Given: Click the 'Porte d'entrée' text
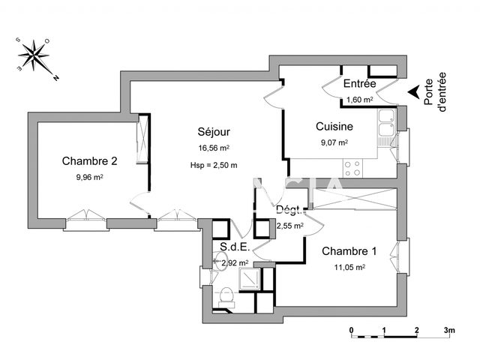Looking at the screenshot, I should point(434,92).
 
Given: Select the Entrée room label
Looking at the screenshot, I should point(359,83).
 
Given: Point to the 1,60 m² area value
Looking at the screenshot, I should point(359,98).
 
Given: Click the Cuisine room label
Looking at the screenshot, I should point(334,127).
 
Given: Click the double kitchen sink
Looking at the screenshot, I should point(386,127).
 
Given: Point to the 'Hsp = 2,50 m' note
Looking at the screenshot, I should point(214,165).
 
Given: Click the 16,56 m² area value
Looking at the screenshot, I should point(213,148).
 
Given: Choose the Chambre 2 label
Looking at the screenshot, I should point(89,160).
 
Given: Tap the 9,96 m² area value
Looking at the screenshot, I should point(89,177).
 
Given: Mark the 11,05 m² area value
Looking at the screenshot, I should point(349,267).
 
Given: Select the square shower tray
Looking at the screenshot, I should point(248,279).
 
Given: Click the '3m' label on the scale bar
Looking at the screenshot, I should point(448,330).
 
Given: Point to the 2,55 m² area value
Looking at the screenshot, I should point(289,225).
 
